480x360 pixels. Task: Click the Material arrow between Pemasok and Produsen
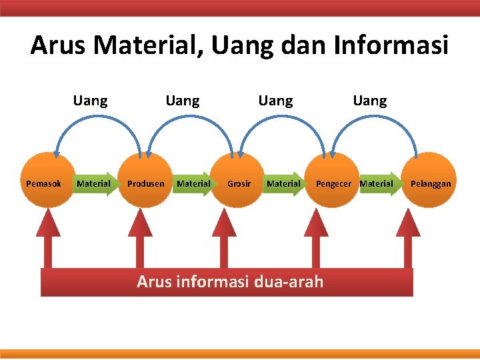point(95,183)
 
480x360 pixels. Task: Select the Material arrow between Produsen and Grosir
point(194,183)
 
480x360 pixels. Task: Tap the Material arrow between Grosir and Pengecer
point(285,183)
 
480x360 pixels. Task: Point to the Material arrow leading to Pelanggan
point(377,183)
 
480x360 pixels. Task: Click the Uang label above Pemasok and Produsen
point(91,101)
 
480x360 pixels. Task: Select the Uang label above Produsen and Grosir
point(183,101)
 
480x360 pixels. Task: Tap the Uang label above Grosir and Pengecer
point(275,101)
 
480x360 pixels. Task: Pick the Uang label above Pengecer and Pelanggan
point(370,101)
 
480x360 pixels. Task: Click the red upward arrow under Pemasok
point(47,240)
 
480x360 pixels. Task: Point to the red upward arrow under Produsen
point(141,240)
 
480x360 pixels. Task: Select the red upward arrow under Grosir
point(224,240)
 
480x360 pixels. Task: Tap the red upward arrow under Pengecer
point(316,240)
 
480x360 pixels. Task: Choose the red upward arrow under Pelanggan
point(407,240)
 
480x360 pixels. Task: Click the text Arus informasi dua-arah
point(230,282)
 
